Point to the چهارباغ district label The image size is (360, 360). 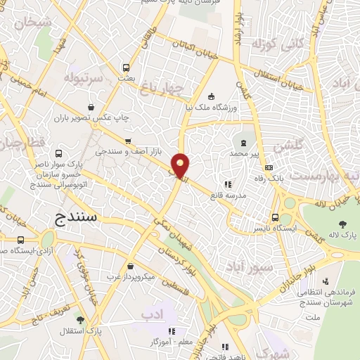click(161, 88)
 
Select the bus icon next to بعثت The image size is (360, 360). click(126, 68)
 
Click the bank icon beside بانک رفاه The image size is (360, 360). click(269, 167)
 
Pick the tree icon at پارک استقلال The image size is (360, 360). click(80, 320)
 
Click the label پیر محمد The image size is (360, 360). click(246, 152)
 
